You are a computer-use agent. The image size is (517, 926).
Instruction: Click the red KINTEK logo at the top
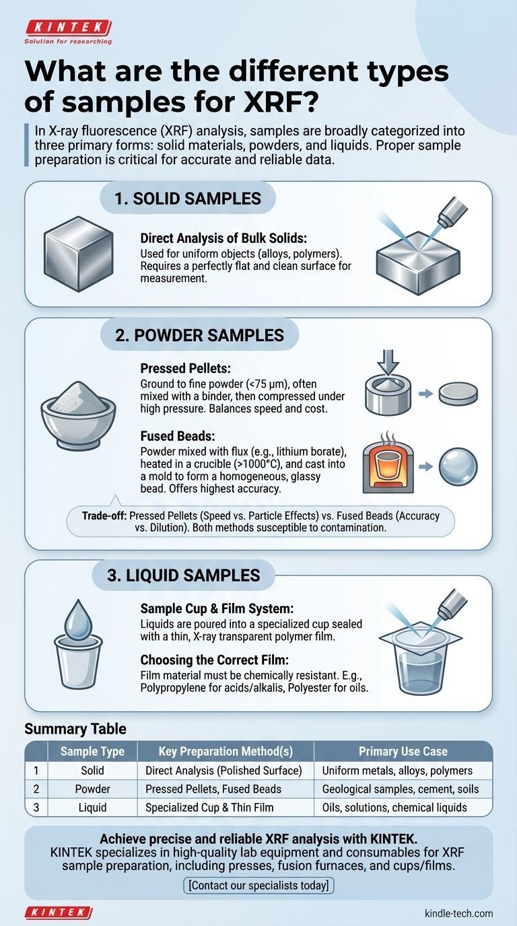tap(68, 28)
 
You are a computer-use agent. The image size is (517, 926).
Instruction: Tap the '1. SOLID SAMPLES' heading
tap(188, 199)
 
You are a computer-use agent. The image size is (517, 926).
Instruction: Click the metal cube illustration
tap(79, 254)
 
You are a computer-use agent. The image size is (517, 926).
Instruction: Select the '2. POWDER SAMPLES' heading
tap(199, 335)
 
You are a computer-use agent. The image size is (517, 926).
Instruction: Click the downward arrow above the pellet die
tap(388, 362)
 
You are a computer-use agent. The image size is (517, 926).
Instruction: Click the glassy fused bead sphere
tap(458, 467)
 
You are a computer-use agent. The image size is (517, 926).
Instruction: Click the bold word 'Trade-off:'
tap(104, 515)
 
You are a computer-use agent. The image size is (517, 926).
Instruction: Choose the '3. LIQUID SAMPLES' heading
tap(184, 575)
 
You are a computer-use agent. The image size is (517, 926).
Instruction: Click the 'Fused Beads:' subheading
tap(178, 436)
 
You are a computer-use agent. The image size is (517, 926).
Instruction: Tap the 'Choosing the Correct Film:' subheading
tap(215, 660)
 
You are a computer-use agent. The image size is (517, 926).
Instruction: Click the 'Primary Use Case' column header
tap(403, 751)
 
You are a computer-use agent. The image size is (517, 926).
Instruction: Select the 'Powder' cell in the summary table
tap(93, 789)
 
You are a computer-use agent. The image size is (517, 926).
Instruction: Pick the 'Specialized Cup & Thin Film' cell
tap(209, 808)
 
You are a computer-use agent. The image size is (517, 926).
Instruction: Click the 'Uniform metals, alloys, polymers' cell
tap(397, 771)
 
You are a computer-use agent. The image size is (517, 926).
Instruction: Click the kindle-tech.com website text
tap(458, 913)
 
